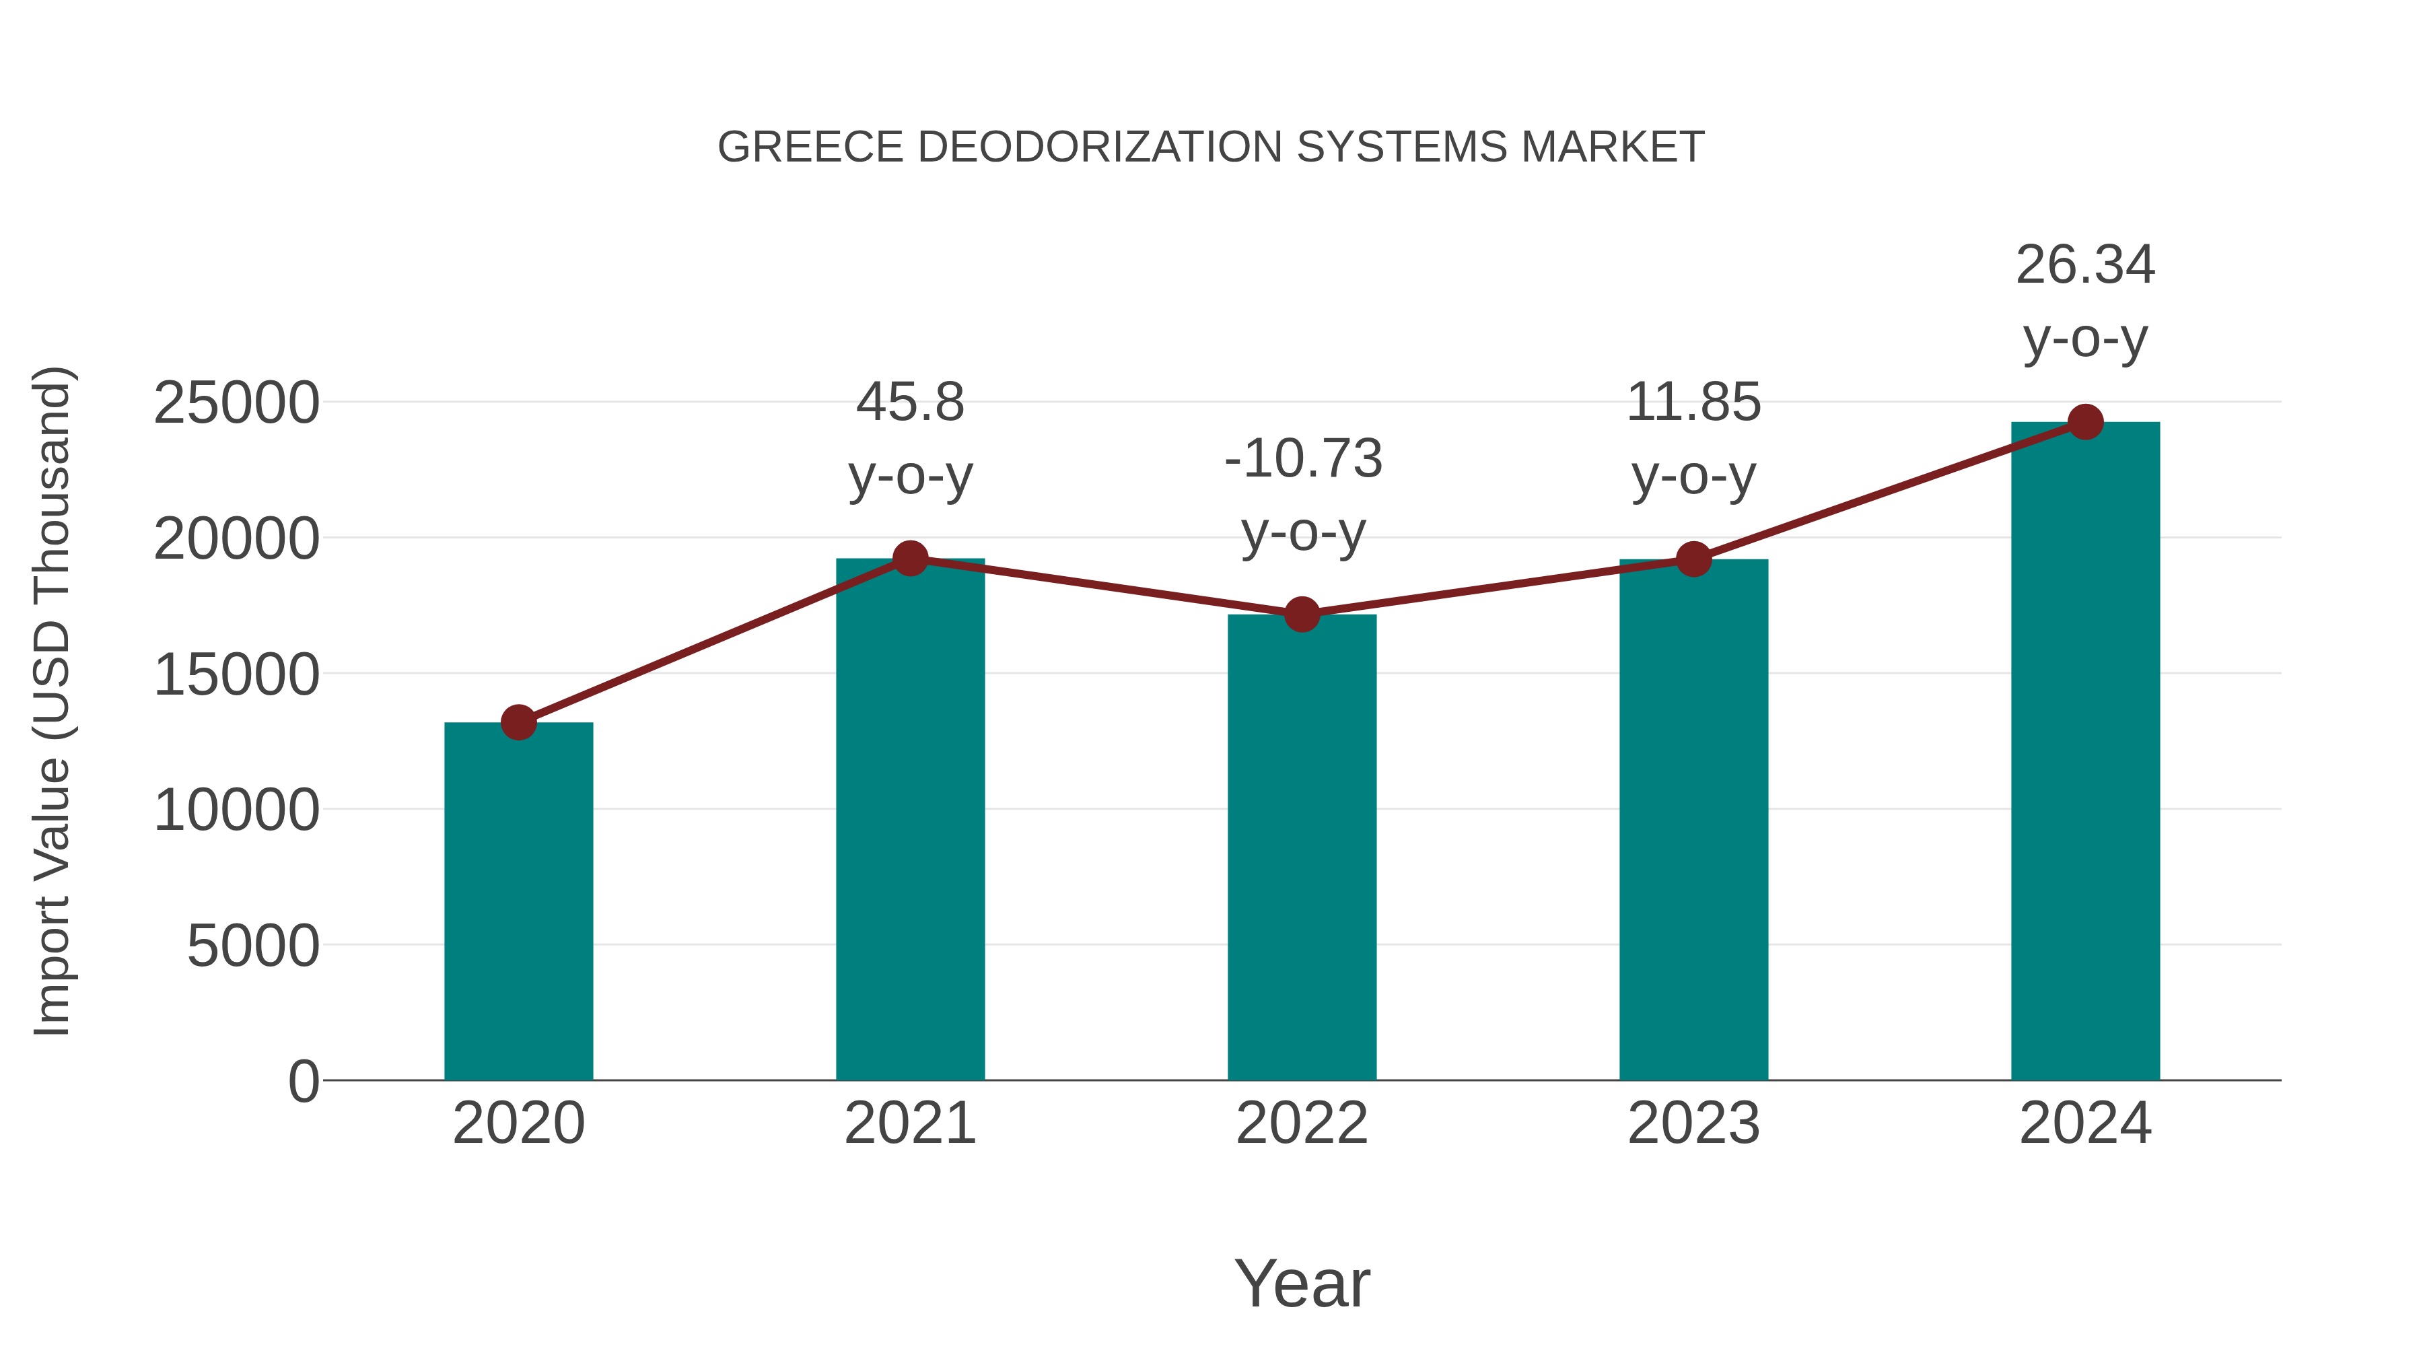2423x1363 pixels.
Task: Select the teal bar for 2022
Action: click(1302, 847)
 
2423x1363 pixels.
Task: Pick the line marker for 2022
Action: click(1302, 615)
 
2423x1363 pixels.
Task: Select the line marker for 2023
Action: click(1693, 560)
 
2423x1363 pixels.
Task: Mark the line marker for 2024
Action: click(2085, 422)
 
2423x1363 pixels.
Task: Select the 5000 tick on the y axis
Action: click(253, 946)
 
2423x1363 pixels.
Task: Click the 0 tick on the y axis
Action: click(303, 1082)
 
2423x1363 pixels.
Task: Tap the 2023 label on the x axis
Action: click(1693, 1124)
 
